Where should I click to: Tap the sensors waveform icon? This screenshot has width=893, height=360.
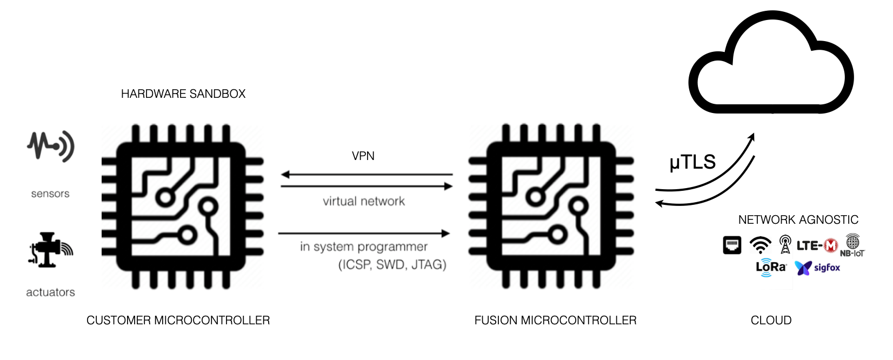(x=50, y=146)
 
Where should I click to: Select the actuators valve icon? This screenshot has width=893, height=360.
(x=50, y=250)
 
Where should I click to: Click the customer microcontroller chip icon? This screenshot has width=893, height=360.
(x=182, y=206)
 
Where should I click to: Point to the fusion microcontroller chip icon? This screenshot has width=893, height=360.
(x=551, y=206)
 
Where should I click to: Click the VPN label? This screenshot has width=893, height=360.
(x=363, y=156)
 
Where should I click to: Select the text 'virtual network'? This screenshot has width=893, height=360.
(x=364, y=202)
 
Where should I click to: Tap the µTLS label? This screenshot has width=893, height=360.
(x=692, y=162)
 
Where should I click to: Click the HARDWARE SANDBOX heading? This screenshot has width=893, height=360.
(x=183, y=94)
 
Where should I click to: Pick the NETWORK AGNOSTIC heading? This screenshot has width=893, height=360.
(x=798, y=220)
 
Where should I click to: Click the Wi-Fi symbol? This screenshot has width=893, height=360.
(x=760, y=245)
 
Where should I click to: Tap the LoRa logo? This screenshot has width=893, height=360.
(x=770, y=268)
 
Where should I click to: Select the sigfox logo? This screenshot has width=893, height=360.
(x=817, y=268)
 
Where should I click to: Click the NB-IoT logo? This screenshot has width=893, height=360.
(x=852, y=245)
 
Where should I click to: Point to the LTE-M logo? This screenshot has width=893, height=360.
(x=817, y=246)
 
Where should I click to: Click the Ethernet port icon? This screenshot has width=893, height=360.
(x=732, y=245)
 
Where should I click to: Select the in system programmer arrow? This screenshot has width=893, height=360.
(x=364, y=234)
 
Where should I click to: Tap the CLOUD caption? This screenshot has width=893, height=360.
(x=771, y=321)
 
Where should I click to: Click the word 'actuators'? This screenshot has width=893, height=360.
(x=50, y=292)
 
